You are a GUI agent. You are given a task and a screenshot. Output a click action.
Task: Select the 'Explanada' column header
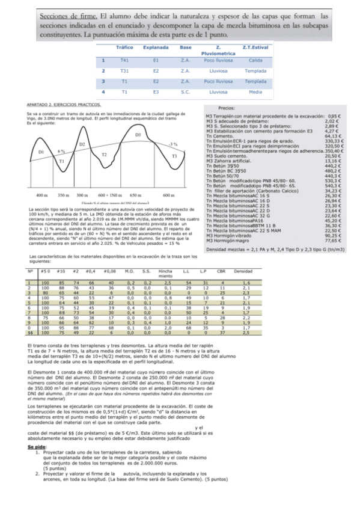(x=155, y=47)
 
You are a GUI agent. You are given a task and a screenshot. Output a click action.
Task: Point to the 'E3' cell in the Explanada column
(x=155, y=92)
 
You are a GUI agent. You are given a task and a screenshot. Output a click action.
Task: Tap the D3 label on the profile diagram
(x=138, y=135)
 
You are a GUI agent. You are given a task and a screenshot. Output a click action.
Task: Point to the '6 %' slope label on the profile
(x=61, y=151)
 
